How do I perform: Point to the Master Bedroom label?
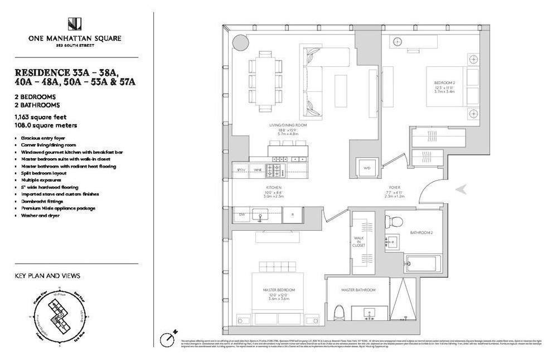278,290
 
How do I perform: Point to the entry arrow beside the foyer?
461,189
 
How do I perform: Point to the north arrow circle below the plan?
166,338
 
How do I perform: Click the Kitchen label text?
273,187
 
